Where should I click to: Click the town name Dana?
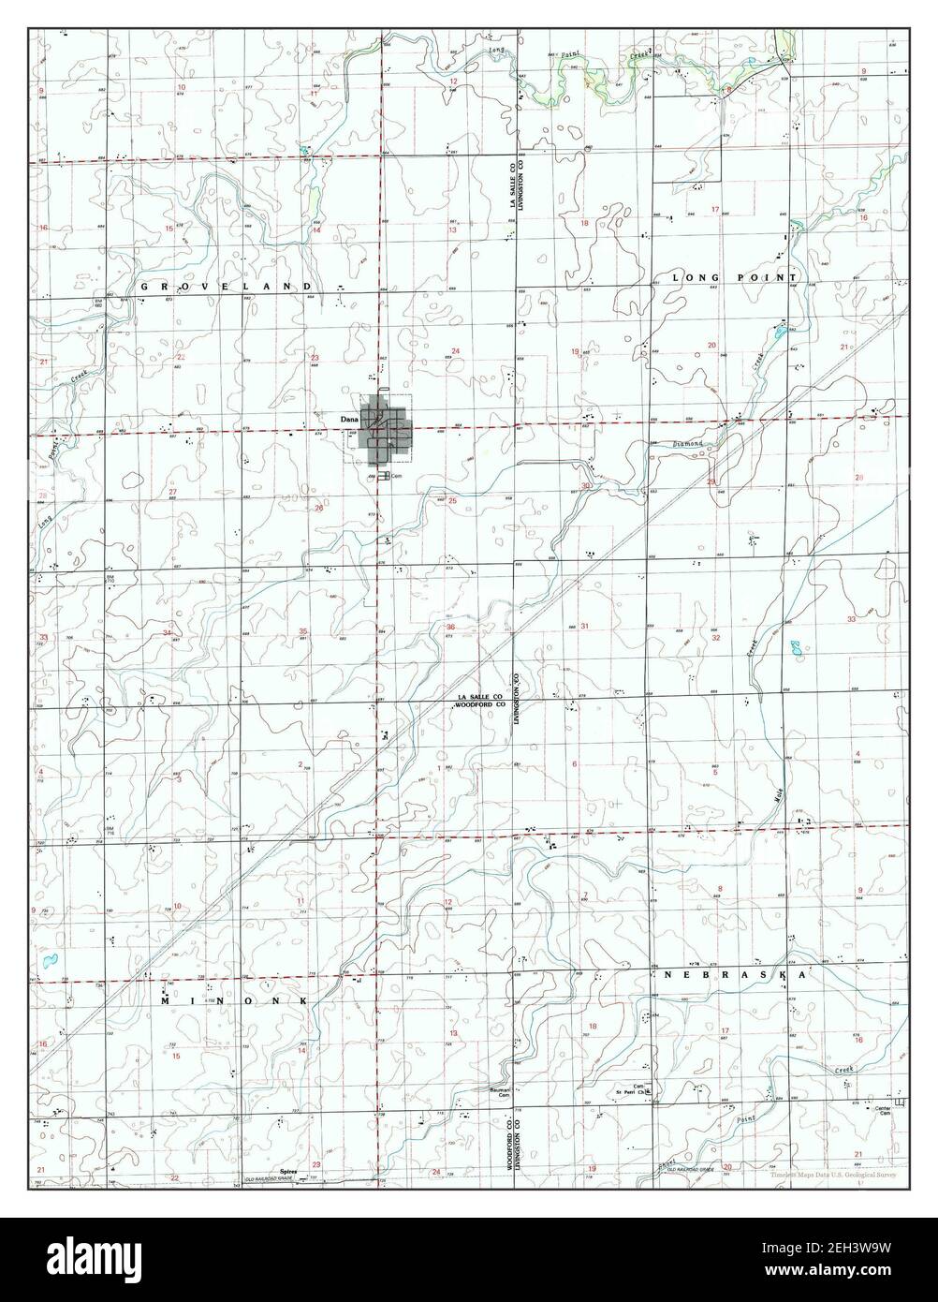[349, 419]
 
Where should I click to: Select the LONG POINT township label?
[735, 278]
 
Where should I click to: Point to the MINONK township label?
[234, 1001]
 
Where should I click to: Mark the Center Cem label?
[881, 1111]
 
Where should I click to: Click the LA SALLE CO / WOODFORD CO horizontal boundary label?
[481, 701]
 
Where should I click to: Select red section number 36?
[450, 627]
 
